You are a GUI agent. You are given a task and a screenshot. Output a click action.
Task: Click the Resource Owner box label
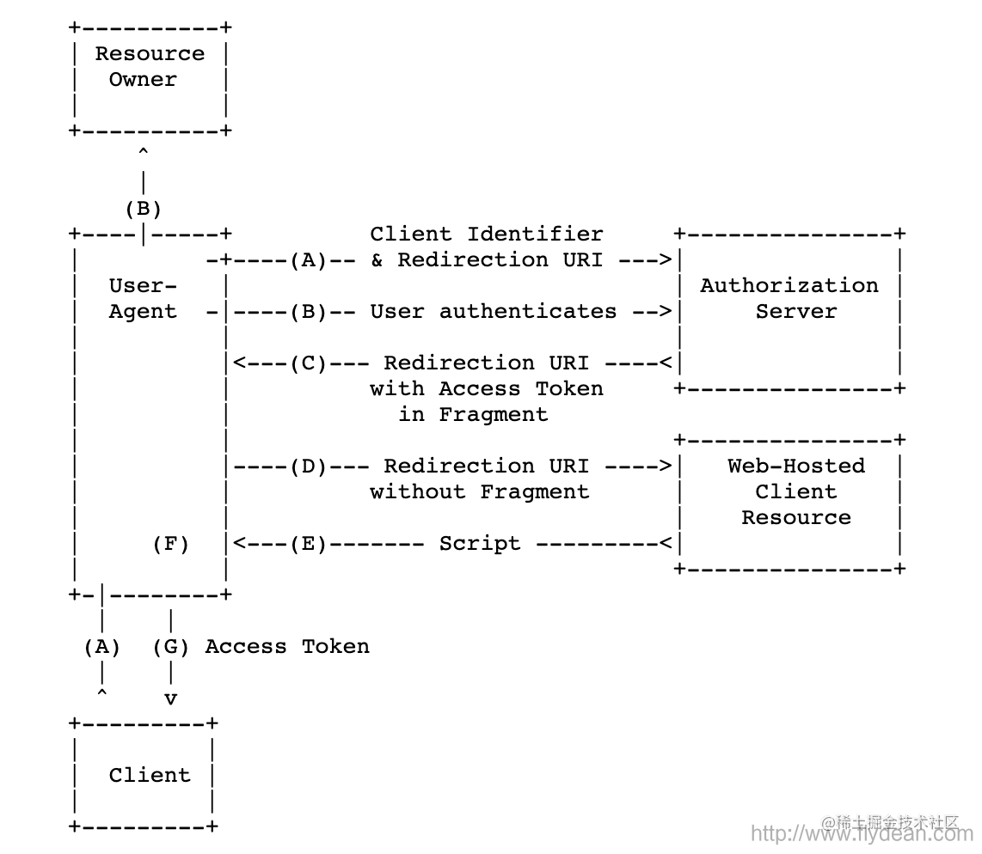tap(149, 66)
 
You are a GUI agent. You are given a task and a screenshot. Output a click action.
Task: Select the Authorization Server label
tap(789, 298)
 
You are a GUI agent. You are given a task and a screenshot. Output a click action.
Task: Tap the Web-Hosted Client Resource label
tap(796, 491)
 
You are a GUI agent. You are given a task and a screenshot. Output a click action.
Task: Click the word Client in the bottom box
tap(149, 775)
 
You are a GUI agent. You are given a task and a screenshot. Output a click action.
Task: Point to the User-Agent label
tap(143, 298)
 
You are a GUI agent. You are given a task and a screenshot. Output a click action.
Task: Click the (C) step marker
tap(308, 363)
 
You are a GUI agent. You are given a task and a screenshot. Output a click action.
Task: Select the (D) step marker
tap(308, 466)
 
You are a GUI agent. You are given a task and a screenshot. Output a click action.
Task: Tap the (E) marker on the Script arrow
tap(308, 543)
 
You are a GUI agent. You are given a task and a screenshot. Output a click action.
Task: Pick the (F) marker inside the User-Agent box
tap(170, 543)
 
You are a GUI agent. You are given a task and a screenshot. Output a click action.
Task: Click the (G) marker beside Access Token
tap(170, 646)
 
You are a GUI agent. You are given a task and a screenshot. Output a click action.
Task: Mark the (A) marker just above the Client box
tap(101, 646)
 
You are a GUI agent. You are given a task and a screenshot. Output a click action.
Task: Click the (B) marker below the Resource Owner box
tap(143, 208)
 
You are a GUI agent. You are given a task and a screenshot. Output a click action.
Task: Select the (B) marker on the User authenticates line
tap(308, 311)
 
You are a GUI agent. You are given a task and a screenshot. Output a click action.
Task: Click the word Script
tap(479, 543)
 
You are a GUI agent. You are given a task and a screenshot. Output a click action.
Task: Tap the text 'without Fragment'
tap(479, 491)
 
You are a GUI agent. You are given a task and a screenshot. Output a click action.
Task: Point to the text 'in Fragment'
tap(472, 414)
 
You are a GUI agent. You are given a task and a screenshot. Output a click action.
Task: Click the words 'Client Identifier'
tap(487, 234)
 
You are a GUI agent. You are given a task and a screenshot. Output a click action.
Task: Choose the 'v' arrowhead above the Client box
tap(170, 698)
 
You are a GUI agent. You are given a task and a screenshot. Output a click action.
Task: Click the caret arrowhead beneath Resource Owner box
tap(143, 153)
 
